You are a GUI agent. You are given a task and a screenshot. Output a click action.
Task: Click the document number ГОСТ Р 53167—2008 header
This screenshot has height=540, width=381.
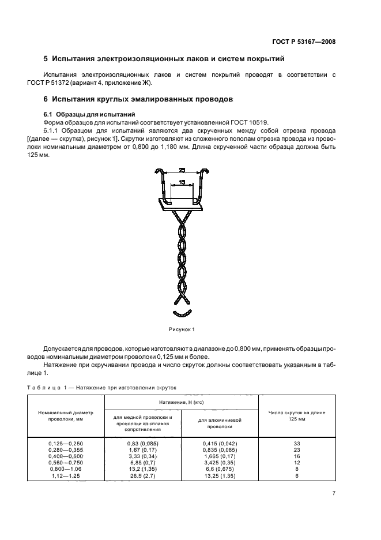coord(303,42)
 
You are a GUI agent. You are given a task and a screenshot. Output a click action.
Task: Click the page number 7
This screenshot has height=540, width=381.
coord(334,509)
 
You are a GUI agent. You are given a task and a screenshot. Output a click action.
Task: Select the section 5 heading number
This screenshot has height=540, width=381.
coord(46,59)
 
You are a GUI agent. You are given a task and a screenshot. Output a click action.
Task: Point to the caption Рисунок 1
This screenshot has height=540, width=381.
coord(182,329)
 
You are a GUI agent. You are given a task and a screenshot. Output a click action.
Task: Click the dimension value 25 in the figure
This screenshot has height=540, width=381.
coord(182,170)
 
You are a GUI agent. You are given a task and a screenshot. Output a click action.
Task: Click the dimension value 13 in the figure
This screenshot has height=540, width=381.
coord(182,182)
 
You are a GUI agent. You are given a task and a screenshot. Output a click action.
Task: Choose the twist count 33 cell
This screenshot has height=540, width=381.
coord(297,442)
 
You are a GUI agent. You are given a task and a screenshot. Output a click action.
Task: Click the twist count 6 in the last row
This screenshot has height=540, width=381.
coord(297,477)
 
